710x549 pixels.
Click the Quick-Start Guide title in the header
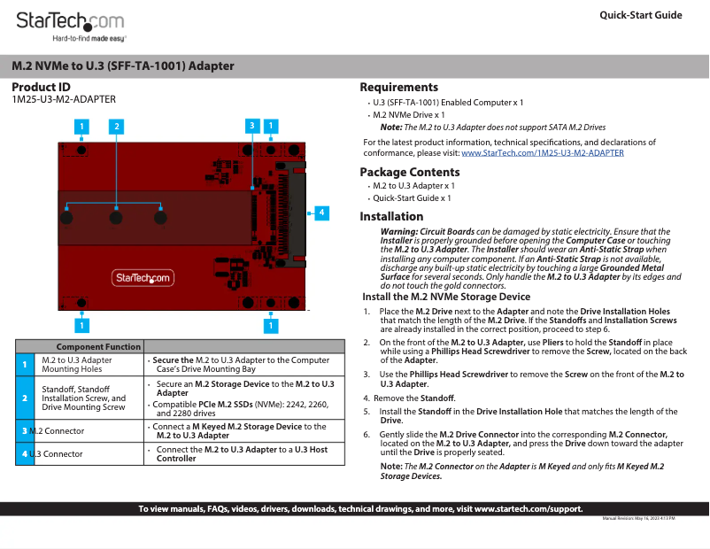(640, 15)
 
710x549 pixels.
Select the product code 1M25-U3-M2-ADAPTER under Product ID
(63, 100)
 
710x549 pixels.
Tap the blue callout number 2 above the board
(115, 127)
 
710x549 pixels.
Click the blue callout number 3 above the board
(252, 127)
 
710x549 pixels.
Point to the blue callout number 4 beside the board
(321, 213)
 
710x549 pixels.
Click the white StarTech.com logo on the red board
(143, 278)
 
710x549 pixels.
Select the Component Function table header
(98, 346)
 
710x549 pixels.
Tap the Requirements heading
(398, 87)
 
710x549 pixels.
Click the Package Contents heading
(409, 172)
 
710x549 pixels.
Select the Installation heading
(391, 216)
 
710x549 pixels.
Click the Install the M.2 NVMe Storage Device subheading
(446, 297)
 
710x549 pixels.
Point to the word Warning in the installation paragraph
(400, 232)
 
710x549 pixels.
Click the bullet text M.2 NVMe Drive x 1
(408, 115)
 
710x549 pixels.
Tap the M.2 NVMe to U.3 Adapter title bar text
(123, 66)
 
